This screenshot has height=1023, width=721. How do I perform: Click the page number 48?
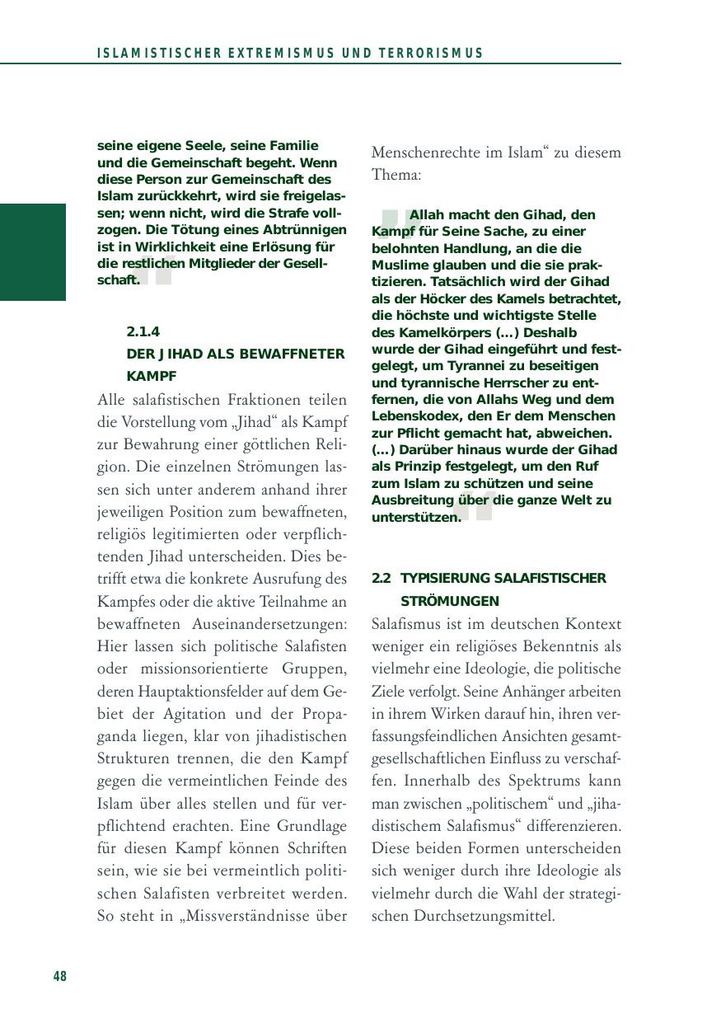pyautogui.click(x=59, y=977)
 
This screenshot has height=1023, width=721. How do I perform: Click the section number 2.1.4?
pyautogui.click(x=143, y=332)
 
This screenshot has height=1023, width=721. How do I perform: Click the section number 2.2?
pyautogui.click(x=381, y=578)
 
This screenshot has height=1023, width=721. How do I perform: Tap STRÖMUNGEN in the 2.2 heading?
pyautogui.click(x=449, y=601)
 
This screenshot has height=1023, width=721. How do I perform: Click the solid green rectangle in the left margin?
pyautogui.click(x=32, y=252)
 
